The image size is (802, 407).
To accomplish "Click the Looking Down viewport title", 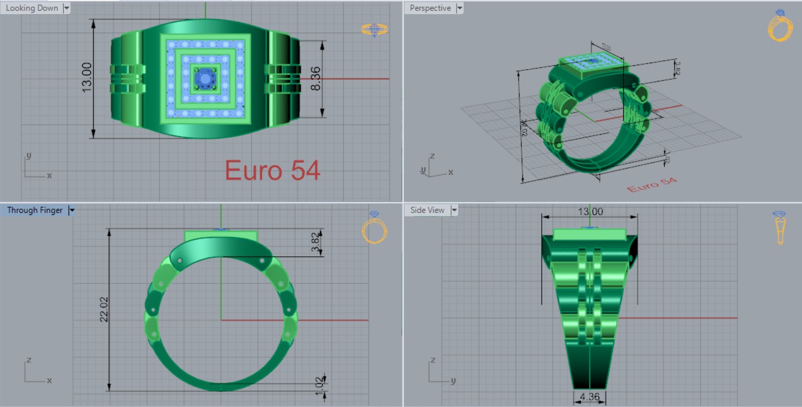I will pyautogui.click(x=32, y=8).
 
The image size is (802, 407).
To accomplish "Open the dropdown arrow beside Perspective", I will pyautogui.click(x=459, y=8).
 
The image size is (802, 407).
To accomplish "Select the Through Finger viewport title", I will pyautogui.click(x=34, y=210).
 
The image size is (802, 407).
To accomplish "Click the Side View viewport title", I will pyautogui.click(x=427, y=210).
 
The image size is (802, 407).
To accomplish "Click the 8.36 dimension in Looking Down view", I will pyautogui.click(x=315, y=79).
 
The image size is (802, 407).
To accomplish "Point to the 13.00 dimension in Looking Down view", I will pyautogui.click(x=87, y=77).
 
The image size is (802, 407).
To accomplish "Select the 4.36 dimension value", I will pyautogui.click(x=590, y=397).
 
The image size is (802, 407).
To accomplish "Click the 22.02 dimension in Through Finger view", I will pyautogui.click(x=104, y=309).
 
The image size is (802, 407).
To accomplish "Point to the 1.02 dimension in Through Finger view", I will pyautogui.click(x=319, y=382).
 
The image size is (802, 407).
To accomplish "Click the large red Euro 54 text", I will pyautogui.click(x=272, y=170).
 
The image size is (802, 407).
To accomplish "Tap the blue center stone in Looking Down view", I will pyautogui.click(x=205, y=79).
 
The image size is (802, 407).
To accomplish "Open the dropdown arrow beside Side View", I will pyautogui.click(x=454, y=210).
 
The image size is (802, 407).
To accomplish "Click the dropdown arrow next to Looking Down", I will pyautogui.click(x=66, y=8).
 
